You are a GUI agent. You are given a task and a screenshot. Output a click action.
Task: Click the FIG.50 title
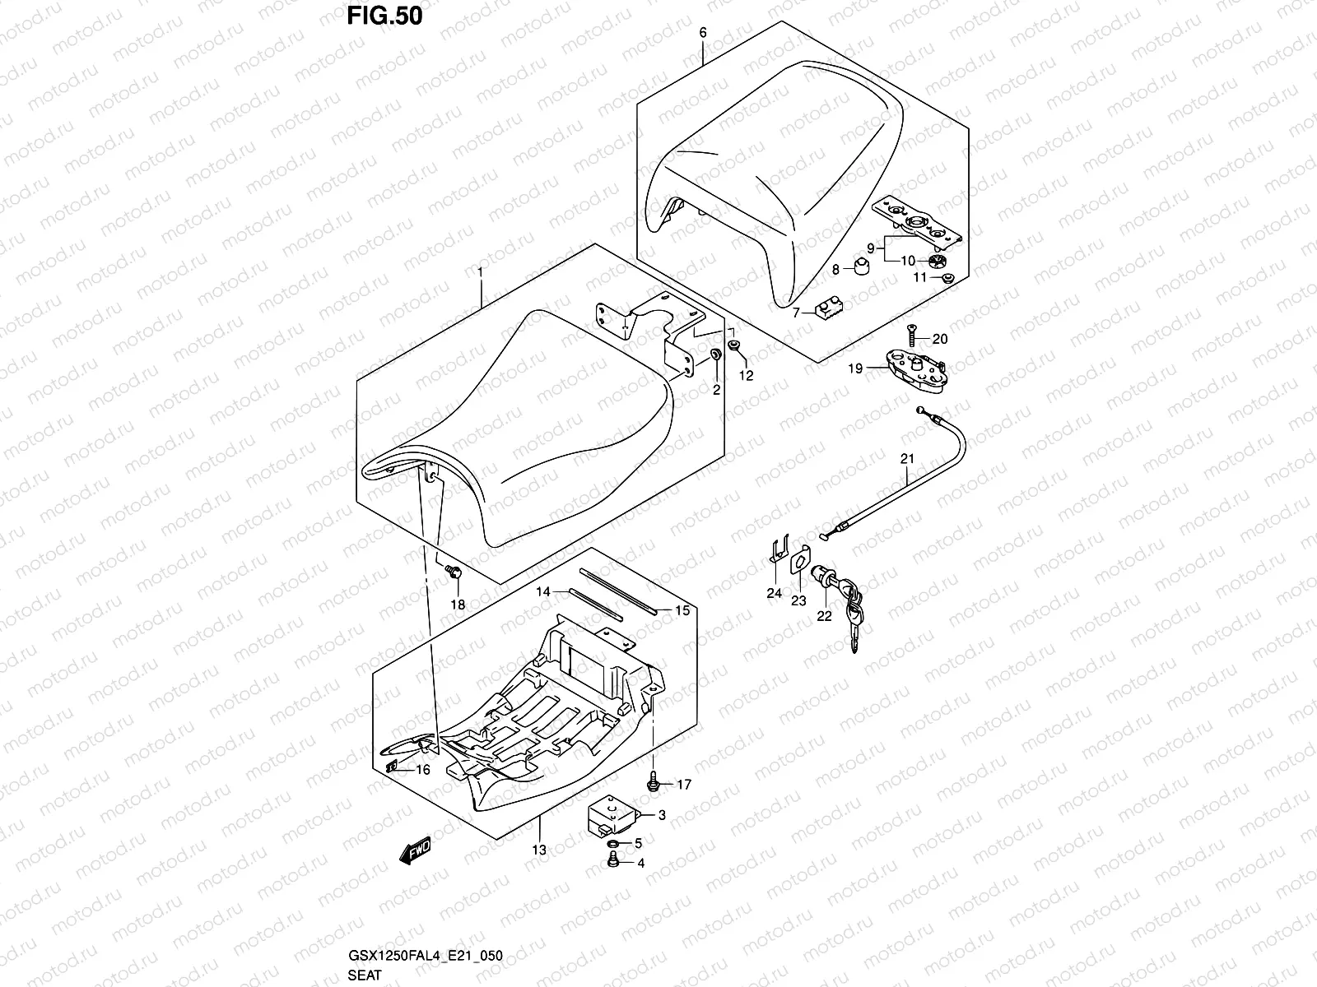pos(384,16)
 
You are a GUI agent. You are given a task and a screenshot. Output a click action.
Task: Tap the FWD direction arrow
pos(415,850)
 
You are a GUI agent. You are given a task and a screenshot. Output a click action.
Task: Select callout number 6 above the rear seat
pos(703,32)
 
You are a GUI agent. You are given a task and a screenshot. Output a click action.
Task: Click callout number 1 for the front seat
pos(480,273)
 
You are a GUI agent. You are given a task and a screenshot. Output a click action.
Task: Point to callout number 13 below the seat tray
pos(539,850)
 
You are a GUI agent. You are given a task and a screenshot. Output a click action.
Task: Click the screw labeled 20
pos(912,335)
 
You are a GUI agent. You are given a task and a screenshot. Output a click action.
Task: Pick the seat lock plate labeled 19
pos(916,371)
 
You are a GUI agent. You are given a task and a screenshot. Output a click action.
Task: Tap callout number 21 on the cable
pos(907,458)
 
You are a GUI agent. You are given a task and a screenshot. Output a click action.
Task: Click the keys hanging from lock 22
pos(854,616)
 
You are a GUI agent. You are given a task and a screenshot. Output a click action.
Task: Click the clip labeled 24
pos(778,549)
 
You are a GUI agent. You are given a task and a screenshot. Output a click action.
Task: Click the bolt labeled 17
pos(654,781)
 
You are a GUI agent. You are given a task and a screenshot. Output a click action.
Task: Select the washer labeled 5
pos(613,845)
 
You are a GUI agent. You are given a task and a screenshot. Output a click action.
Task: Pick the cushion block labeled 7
pos(829,309)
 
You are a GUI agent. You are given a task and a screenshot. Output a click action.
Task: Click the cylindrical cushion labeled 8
pos(862,266)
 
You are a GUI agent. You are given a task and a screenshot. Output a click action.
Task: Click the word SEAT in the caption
pos(364,975)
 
